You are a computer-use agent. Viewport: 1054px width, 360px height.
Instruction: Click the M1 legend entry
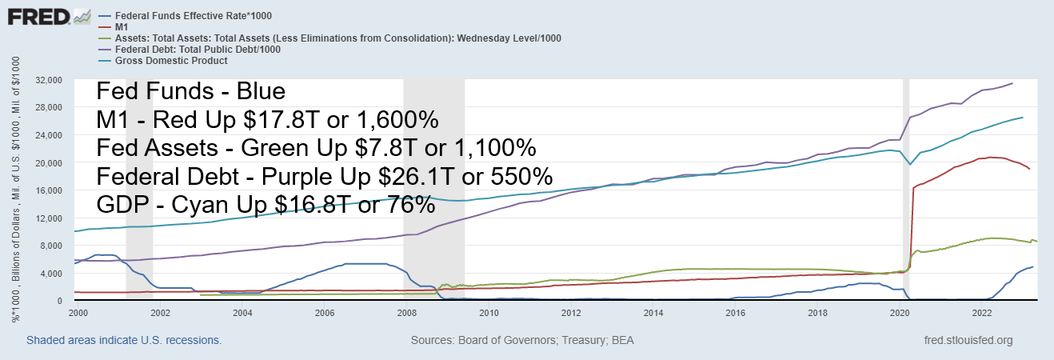(x=122, y=26)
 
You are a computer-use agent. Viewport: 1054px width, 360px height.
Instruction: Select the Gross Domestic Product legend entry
(x=171, y=61)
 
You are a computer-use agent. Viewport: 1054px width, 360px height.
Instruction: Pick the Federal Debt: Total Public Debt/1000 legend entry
(x=197, y=49)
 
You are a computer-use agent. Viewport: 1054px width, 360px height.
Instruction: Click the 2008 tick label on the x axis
(x=406, y=313)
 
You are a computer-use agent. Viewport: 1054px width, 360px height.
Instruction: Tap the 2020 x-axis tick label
(x=900, y=313)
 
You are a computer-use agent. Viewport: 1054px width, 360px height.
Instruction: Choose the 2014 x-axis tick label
(x=653, y=313)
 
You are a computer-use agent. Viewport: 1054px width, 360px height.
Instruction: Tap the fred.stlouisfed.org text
(x=968, y=341)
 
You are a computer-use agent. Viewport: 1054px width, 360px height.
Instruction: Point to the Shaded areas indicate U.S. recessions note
(x=124, y=341)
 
